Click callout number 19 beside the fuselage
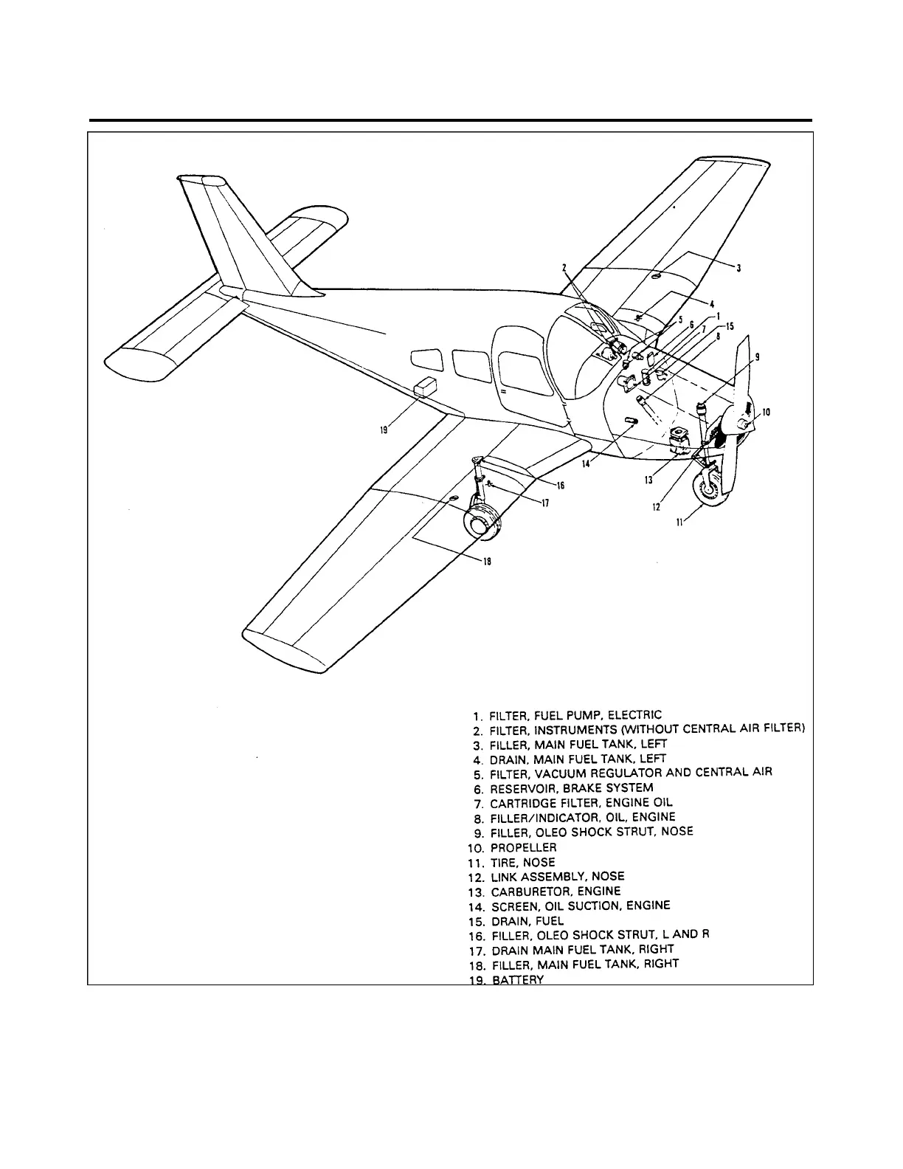tap(384, 432)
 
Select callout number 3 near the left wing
tap(739, 268)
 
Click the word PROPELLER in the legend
tap(524, 848)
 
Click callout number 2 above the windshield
tap(563, 268)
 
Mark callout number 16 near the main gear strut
tap(560, 486)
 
